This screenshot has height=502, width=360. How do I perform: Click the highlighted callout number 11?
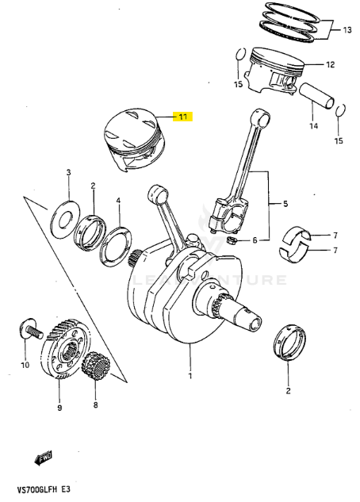point(182,117)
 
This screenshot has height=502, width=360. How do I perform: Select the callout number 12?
point(331,65)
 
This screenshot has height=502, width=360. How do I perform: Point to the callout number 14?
point(312,125)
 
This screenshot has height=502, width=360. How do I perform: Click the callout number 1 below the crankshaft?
point(190,374)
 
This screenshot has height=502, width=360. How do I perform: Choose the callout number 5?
point(285,204)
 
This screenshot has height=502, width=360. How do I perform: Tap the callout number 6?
point(255,240)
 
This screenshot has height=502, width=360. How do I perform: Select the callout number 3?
point(69,172)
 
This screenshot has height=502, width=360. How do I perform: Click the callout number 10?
point(24,366)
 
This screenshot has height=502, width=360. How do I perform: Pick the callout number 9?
point(58,408)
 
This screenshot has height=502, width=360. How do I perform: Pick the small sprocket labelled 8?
point(96,366)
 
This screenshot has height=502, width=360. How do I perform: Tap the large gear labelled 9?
point(63,348)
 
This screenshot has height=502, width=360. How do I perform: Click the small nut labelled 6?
point(232,240)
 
